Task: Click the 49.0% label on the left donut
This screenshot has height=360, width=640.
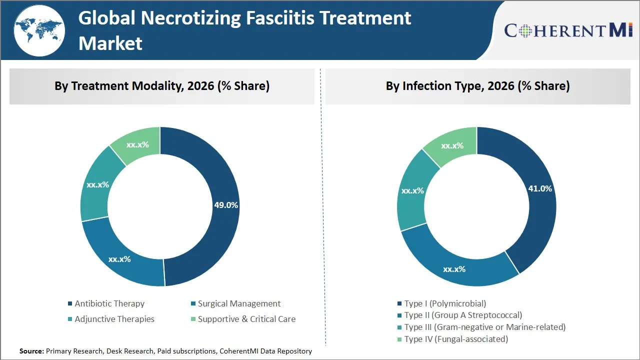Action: click(x=226, y=205)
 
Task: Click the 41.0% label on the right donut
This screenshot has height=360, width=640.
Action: click(x=540, y=188)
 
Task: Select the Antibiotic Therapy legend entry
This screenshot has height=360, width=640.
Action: click(x=109, y=303)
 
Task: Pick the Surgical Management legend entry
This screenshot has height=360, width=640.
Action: click(x=238, y=303)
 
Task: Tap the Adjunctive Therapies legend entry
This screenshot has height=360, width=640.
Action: click(x=114, y=319)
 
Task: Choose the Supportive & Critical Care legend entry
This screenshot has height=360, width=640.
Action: click(x=246, y=319)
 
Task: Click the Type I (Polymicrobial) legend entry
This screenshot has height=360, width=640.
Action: click(x=445, y=303)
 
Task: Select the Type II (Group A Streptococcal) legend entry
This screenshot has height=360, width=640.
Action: click(x=463, y=315)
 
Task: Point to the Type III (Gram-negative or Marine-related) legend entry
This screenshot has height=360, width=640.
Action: click(x=484, y=327)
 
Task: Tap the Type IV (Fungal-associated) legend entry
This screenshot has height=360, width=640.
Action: click(x=456, y=339)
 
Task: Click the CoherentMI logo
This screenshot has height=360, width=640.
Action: click(x=568, y=30)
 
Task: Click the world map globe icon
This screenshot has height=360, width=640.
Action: click(x=39, y=30)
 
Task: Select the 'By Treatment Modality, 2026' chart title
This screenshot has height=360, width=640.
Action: click(x=162, y=86)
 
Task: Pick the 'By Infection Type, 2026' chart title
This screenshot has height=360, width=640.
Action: click(x=477, y=86)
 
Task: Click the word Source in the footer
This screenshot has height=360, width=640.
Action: click(x=31, y=351)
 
